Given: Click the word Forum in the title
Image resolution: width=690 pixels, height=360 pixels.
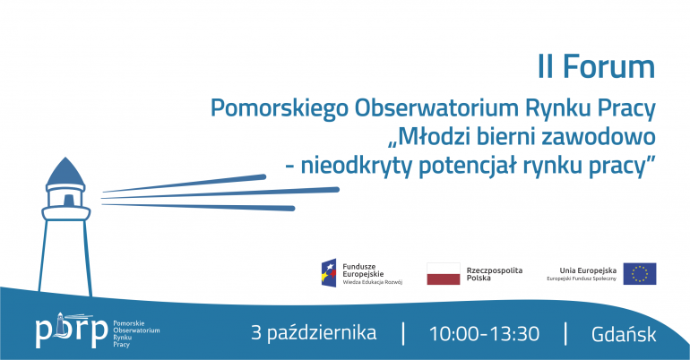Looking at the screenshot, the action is [609, 67].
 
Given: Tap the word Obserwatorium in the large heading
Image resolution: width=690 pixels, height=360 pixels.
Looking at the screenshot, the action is [437, 108].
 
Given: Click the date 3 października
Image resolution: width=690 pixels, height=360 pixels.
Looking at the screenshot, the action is [314, 333].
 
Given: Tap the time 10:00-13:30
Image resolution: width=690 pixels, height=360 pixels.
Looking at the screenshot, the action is [484, 334].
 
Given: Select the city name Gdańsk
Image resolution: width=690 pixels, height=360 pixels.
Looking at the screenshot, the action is [624, 334].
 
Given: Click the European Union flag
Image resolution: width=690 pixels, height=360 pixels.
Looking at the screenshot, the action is [640, 273].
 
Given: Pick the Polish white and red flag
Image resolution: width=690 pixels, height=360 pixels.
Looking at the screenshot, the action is [444, 273].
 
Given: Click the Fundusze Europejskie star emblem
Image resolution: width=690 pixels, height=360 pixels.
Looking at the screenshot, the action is [329, 273].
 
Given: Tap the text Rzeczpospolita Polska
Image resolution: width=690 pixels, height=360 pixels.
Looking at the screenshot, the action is [495, 274].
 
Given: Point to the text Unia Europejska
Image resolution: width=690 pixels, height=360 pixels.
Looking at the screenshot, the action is [588, 270].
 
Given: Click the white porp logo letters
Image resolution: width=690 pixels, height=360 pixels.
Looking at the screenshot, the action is [72, 330].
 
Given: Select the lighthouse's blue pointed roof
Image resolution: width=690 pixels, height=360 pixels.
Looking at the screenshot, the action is [65, 172].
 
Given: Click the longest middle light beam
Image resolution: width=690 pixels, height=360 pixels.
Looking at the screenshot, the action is [220, 193].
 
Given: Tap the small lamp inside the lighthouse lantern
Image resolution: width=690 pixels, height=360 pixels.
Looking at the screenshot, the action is [68, 200].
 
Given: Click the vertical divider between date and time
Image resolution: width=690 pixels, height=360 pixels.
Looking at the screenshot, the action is [403, 334].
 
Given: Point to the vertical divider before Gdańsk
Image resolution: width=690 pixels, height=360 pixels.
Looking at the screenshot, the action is [565, 334].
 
